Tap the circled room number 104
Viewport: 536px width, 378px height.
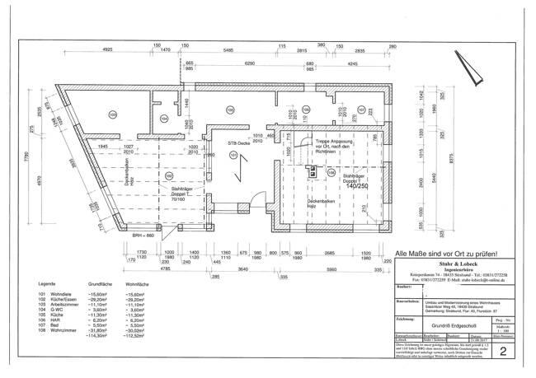click(x=164, y=119)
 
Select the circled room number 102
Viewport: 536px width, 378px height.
click(x=169, y=175)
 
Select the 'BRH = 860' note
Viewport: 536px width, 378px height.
click(x=144, y=236)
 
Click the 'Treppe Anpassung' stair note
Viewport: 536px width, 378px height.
click(x=336, y=142)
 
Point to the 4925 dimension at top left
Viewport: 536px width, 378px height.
click(x=107, y=51)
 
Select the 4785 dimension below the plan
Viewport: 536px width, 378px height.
click(x=166, y=268)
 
